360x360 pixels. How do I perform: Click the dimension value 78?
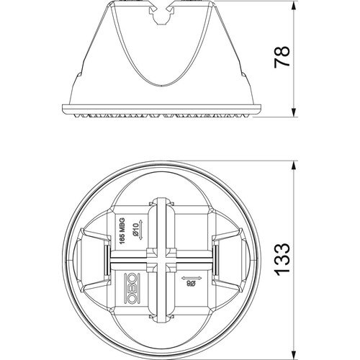[282, 57]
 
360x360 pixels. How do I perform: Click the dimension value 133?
[282, 259]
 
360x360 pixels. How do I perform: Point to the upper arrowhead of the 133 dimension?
[293, 166]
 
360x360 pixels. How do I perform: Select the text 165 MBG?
[122, 231]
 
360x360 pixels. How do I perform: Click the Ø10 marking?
[135, 230]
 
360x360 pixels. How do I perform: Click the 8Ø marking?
[191, 284]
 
